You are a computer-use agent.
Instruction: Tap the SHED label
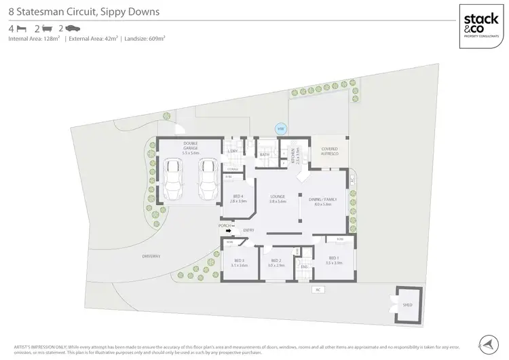coord(408,306)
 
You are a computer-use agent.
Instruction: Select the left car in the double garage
coord(174,180)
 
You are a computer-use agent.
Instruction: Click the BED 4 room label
coord(237,199)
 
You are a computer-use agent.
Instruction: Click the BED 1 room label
coord(333,259)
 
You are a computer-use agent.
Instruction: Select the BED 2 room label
coord(276,262)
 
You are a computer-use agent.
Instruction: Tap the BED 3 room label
coord(239,262)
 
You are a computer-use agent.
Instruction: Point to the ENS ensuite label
coord(304,267)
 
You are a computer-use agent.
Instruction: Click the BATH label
coord(265,156)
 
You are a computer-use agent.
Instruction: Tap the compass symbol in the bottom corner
coord(487,344)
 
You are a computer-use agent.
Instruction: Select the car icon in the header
coord(73,29)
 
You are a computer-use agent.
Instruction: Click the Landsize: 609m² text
coord(143,39)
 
